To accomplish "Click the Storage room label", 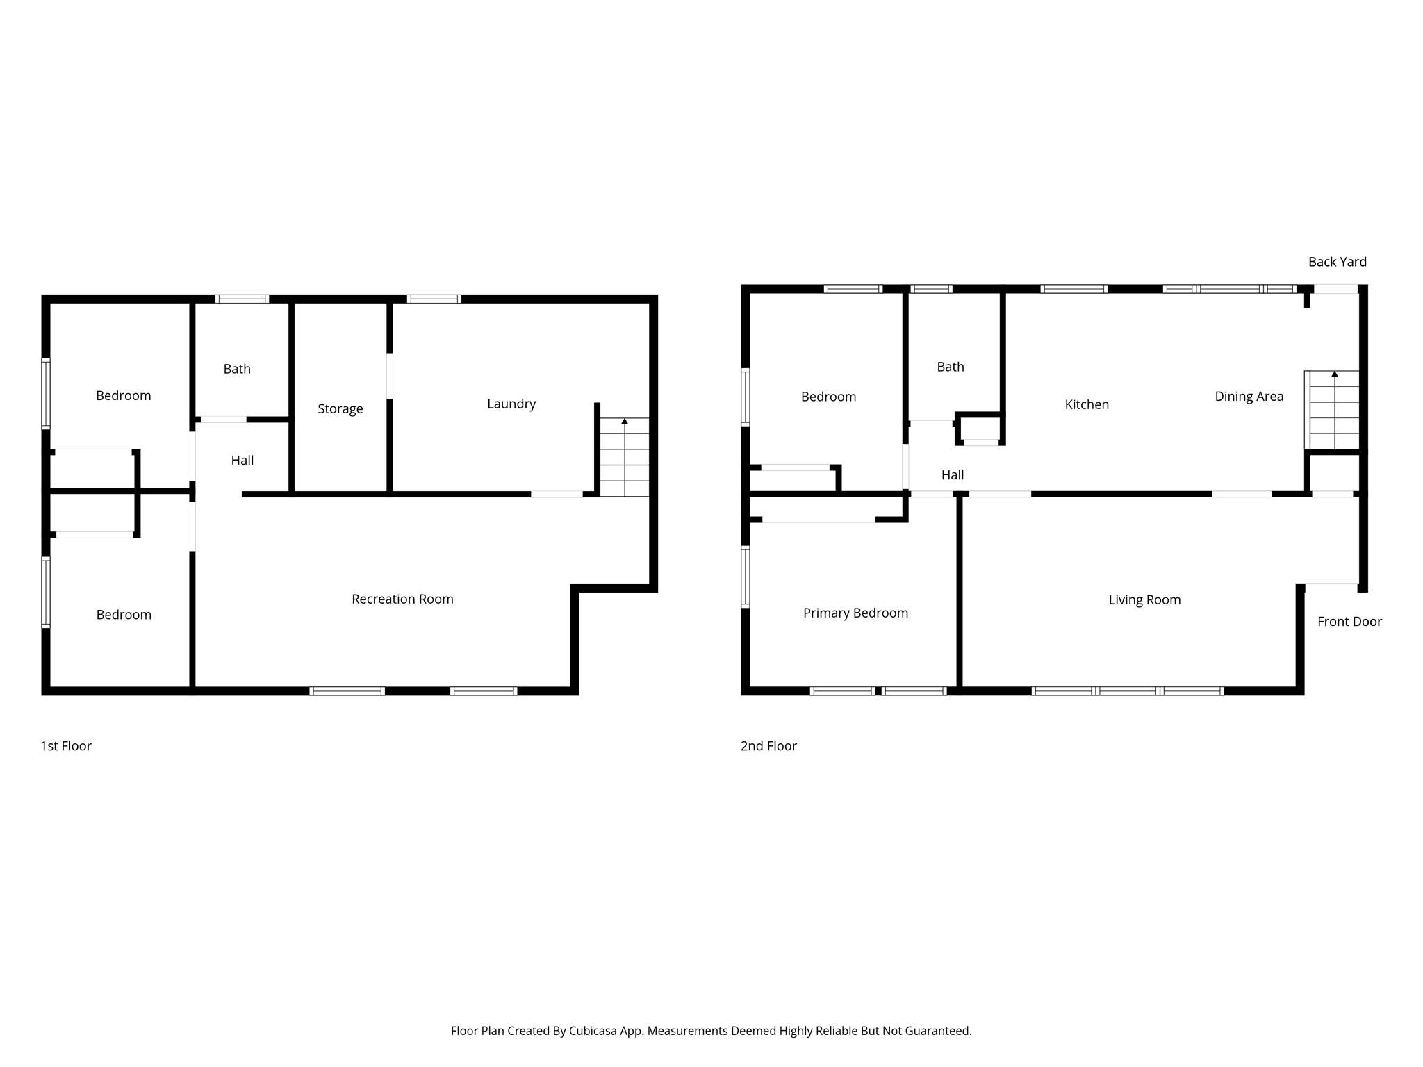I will (340, 409).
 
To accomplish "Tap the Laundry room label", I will (511, 404).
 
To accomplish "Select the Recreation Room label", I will (402, 599).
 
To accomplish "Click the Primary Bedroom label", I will (855, 613).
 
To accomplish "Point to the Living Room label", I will (1144, 599).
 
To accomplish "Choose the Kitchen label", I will (1087, 404).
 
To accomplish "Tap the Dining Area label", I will (1249, 397).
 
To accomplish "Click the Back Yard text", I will (1337, 262).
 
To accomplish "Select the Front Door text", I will (1349, 622).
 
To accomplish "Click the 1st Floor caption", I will (66, 746).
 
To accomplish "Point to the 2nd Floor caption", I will (768, 746).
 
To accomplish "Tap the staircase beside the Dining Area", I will (1333, 410).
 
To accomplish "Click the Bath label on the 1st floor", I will (237, 369).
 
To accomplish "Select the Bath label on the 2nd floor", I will (950, 367).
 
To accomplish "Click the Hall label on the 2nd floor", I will (952, 475).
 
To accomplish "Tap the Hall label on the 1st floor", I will (242, 461).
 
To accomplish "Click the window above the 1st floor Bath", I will (242, 299).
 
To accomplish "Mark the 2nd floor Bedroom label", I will (828, 397).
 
